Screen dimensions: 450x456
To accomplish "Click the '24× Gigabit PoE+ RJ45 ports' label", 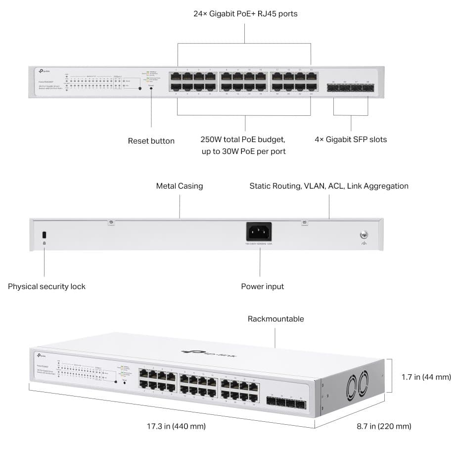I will coord(245,14).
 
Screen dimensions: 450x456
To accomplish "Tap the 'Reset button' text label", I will coord(151,141).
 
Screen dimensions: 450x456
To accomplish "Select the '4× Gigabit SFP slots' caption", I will coord(351,140).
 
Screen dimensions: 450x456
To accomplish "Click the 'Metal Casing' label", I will coord(180,186).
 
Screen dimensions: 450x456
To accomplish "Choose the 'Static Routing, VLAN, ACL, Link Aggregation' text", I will coord(329,186).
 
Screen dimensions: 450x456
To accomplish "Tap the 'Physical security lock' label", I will coord(46,287).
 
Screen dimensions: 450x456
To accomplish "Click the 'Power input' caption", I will coord(262,287).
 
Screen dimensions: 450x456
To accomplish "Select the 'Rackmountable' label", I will coord(275,319).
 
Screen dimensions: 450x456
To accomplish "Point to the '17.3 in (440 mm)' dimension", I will coord(176,426).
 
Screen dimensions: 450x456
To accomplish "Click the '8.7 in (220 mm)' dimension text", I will coord(384,426).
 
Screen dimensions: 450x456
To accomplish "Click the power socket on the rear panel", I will coord(259,232).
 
